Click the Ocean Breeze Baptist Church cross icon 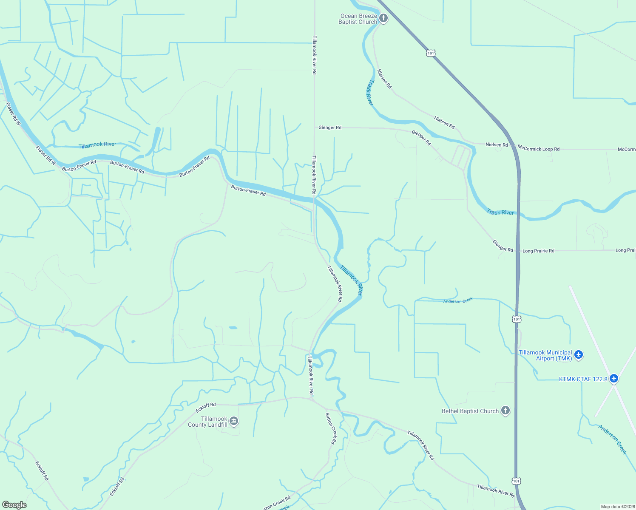pyautogui.click(x=383, y=18)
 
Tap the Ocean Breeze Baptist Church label pyautogui.click(x=358, y=19)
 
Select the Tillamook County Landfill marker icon pyautogui.click(x=234, y=421)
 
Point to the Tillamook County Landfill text pyautogui.click(x=208, y=422)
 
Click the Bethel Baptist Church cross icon pyautogui.click(x=505, y=411)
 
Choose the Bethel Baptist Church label pyautogui.click(x=470, y=411)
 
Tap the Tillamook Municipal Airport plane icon pyautogui.click(x=578, y=354)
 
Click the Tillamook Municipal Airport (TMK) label pyautogui.click(x=545, y=355)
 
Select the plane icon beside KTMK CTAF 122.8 pyautogui.click(x=613, y=378)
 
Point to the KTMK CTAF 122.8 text pyautogui.click(x=583, y=379)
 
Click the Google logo pyautogui.click(x=14, y=505)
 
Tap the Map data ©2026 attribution pyautogui.click(x=618, y=507)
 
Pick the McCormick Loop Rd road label pyautogui.click(x=538, y=149)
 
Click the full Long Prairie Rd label pyautogui.click(x=538, y=251)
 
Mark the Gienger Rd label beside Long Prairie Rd pyautogui.click(x=503, y=246)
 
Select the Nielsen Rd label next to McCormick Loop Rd pyautogui.click(x=497, y=145)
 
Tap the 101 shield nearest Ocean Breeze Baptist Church pyautogui.click(x=431, y=53)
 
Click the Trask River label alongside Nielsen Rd pyautogui.click(x=370, y=92)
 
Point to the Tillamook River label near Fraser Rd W pyautogui.click(x=97, y=145)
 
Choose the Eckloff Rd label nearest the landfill pyautogui.click(x=206, y=408)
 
